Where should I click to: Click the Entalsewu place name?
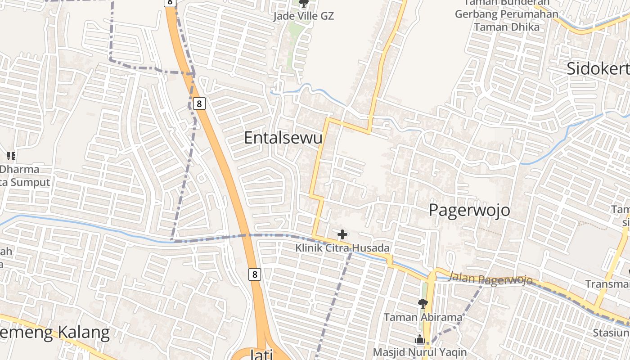283,138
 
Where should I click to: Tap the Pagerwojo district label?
469,210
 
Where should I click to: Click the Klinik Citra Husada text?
342,248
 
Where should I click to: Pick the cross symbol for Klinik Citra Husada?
342,234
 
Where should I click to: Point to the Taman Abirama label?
423,317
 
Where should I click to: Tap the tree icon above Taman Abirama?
423,304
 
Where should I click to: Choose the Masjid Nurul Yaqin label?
419,352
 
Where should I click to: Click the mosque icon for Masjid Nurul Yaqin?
420,339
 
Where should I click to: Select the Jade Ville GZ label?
304,16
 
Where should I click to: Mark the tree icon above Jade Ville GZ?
304,4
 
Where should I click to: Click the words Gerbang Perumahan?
506,14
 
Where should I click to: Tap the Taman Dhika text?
506,27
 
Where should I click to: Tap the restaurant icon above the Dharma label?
11,156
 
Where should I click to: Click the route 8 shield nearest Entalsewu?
199,104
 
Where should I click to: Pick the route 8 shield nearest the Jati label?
255,274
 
